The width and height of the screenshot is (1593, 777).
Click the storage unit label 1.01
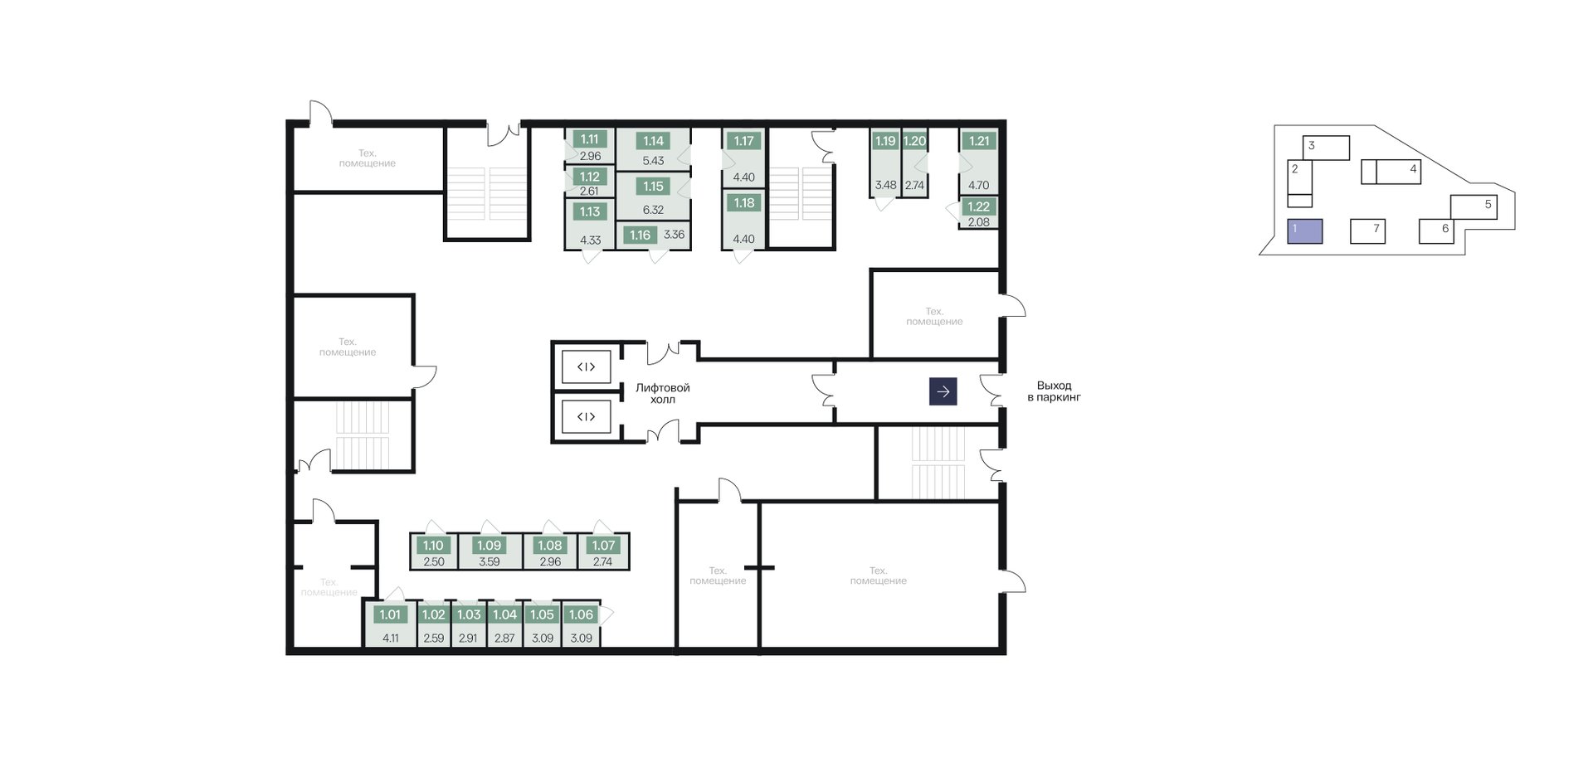390,615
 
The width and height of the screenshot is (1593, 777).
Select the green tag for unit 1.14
653,141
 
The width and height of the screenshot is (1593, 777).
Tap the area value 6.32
653,210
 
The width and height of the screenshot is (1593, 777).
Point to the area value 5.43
653,161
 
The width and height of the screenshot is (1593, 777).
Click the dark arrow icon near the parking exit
943,391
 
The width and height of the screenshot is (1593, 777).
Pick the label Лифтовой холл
663,393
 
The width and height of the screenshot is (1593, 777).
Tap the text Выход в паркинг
1054,391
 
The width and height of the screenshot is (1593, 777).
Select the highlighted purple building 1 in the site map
1305,231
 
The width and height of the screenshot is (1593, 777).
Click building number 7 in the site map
1376,229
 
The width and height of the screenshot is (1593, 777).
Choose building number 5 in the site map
1488,204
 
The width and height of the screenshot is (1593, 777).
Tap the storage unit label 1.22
979,207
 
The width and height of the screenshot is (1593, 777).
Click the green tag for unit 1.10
433,546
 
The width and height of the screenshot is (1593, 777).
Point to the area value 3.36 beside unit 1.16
675,235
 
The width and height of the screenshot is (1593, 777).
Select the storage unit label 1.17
743,141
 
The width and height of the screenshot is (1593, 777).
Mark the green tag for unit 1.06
581,615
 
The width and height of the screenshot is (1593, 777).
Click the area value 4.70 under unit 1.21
979,186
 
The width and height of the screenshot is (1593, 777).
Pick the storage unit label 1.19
885,141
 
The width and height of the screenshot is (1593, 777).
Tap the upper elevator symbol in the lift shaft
586,367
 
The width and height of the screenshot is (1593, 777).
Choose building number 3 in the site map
1311,145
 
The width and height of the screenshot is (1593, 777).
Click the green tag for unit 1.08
550,546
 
